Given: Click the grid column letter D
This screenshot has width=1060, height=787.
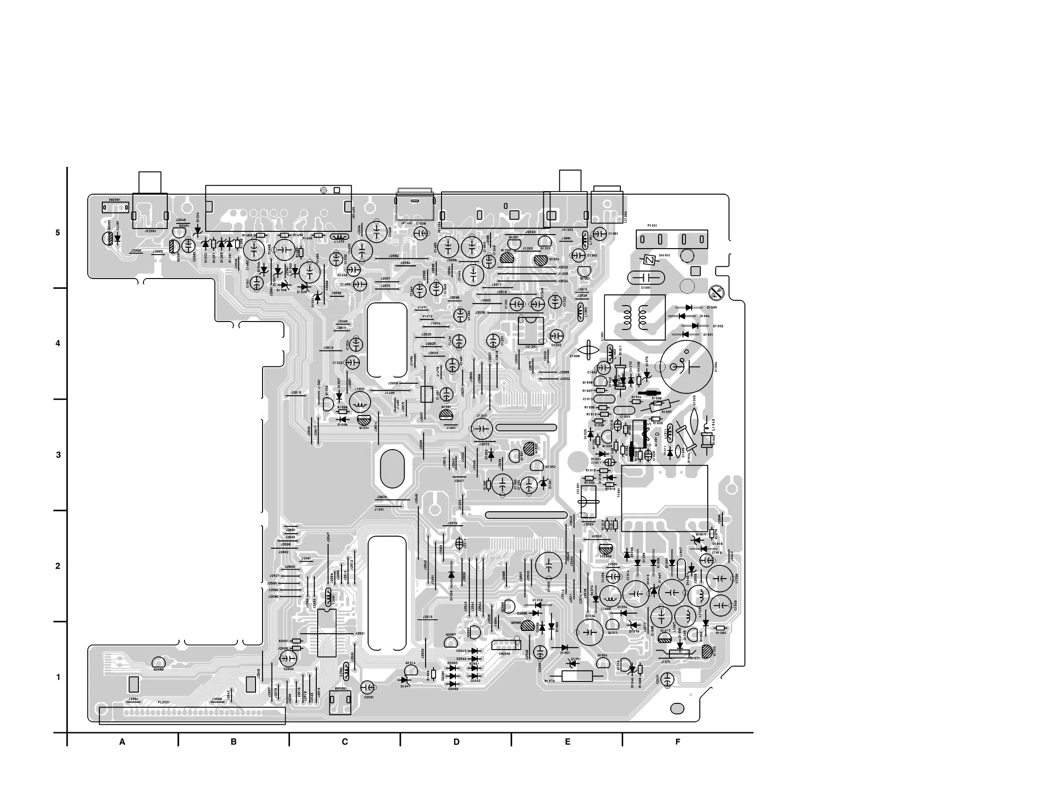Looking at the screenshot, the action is [x=456, y=742].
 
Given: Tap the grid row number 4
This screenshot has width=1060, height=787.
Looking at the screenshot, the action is [x=58, y=343].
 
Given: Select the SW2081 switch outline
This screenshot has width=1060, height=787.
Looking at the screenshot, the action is [x=116, y=207].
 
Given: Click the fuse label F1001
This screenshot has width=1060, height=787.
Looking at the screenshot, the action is [x=652, y=226].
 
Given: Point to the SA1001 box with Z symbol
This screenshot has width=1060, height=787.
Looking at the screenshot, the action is [x=647, y=260].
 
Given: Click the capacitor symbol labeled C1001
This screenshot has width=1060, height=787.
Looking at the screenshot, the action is [x=646, y=278].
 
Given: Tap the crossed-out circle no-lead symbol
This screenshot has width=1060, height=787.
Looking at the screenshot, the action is [x=715, y=293].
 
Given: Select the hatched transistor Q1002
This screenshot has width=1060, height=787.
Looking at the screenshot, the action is [x=708, y=651].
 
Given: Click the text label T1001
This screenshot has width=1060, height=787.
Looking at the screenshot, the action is [x=619, y=492].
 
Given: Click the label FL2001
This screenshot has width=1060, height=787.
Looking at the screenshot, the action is [x=164, y=702].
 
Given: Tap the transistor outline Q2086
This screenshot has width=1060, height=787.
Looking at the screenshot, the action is [x=158, y=663].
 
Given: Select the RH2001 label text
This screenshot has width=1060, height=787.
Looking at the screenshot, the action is [x=341, y=689].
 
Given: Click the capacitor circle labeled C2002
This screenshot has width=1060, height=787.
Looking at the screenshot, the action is [x=288, y=659].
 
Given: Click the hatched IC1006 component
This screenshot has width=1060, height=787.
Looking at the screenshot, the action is [x=606, y=549].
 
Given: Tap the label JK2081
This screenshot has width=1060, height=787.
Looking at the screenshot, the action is [x=150, y=231].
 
